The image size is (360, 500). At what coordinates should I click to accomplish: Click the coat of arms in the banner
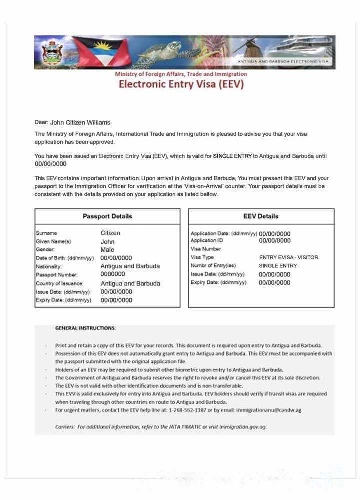(x=52, y=52)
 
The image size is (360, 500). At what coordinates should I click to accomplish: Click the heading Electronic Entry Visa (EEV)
(x=181, y=84)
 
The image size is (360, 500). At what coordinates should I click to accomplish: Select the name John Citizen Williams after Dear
(x=80, y=122)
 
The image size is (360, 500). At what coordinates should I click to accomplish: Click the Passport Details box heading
(x=107, y=216)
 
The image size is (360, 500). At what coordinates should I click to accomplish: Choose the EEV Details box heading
(x=261, y=216)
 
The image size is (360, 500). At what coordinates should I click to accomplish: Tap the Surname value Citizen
(x=110, y=233)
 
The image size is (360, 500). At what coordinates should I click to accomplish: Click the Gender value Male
(x=107, y=250)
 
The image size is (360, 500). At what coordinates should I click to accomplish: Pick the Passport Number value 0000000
(x=113, y=274)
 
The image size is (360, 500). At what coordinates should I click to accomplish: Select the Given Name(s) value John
(x=108, y=242)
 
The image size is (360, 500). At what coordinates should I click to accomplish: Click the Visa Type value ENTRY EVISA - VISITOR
(x=288, y=257)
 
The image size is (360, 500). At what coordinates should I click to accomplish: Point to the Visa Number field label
(x=206, y=249)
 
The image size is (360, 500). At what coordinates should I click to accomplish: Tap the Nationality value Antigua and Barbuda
(x=130, y=266)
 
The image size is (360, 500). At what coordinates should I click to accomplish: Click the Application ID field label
(x=207, y=240)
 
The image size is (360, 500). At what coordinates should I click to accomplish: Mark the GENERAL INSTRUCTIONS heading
(x=85, y=328)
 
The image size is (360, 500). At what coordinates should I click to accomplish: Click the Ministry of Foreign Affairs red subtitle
(x=181, y=74)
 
